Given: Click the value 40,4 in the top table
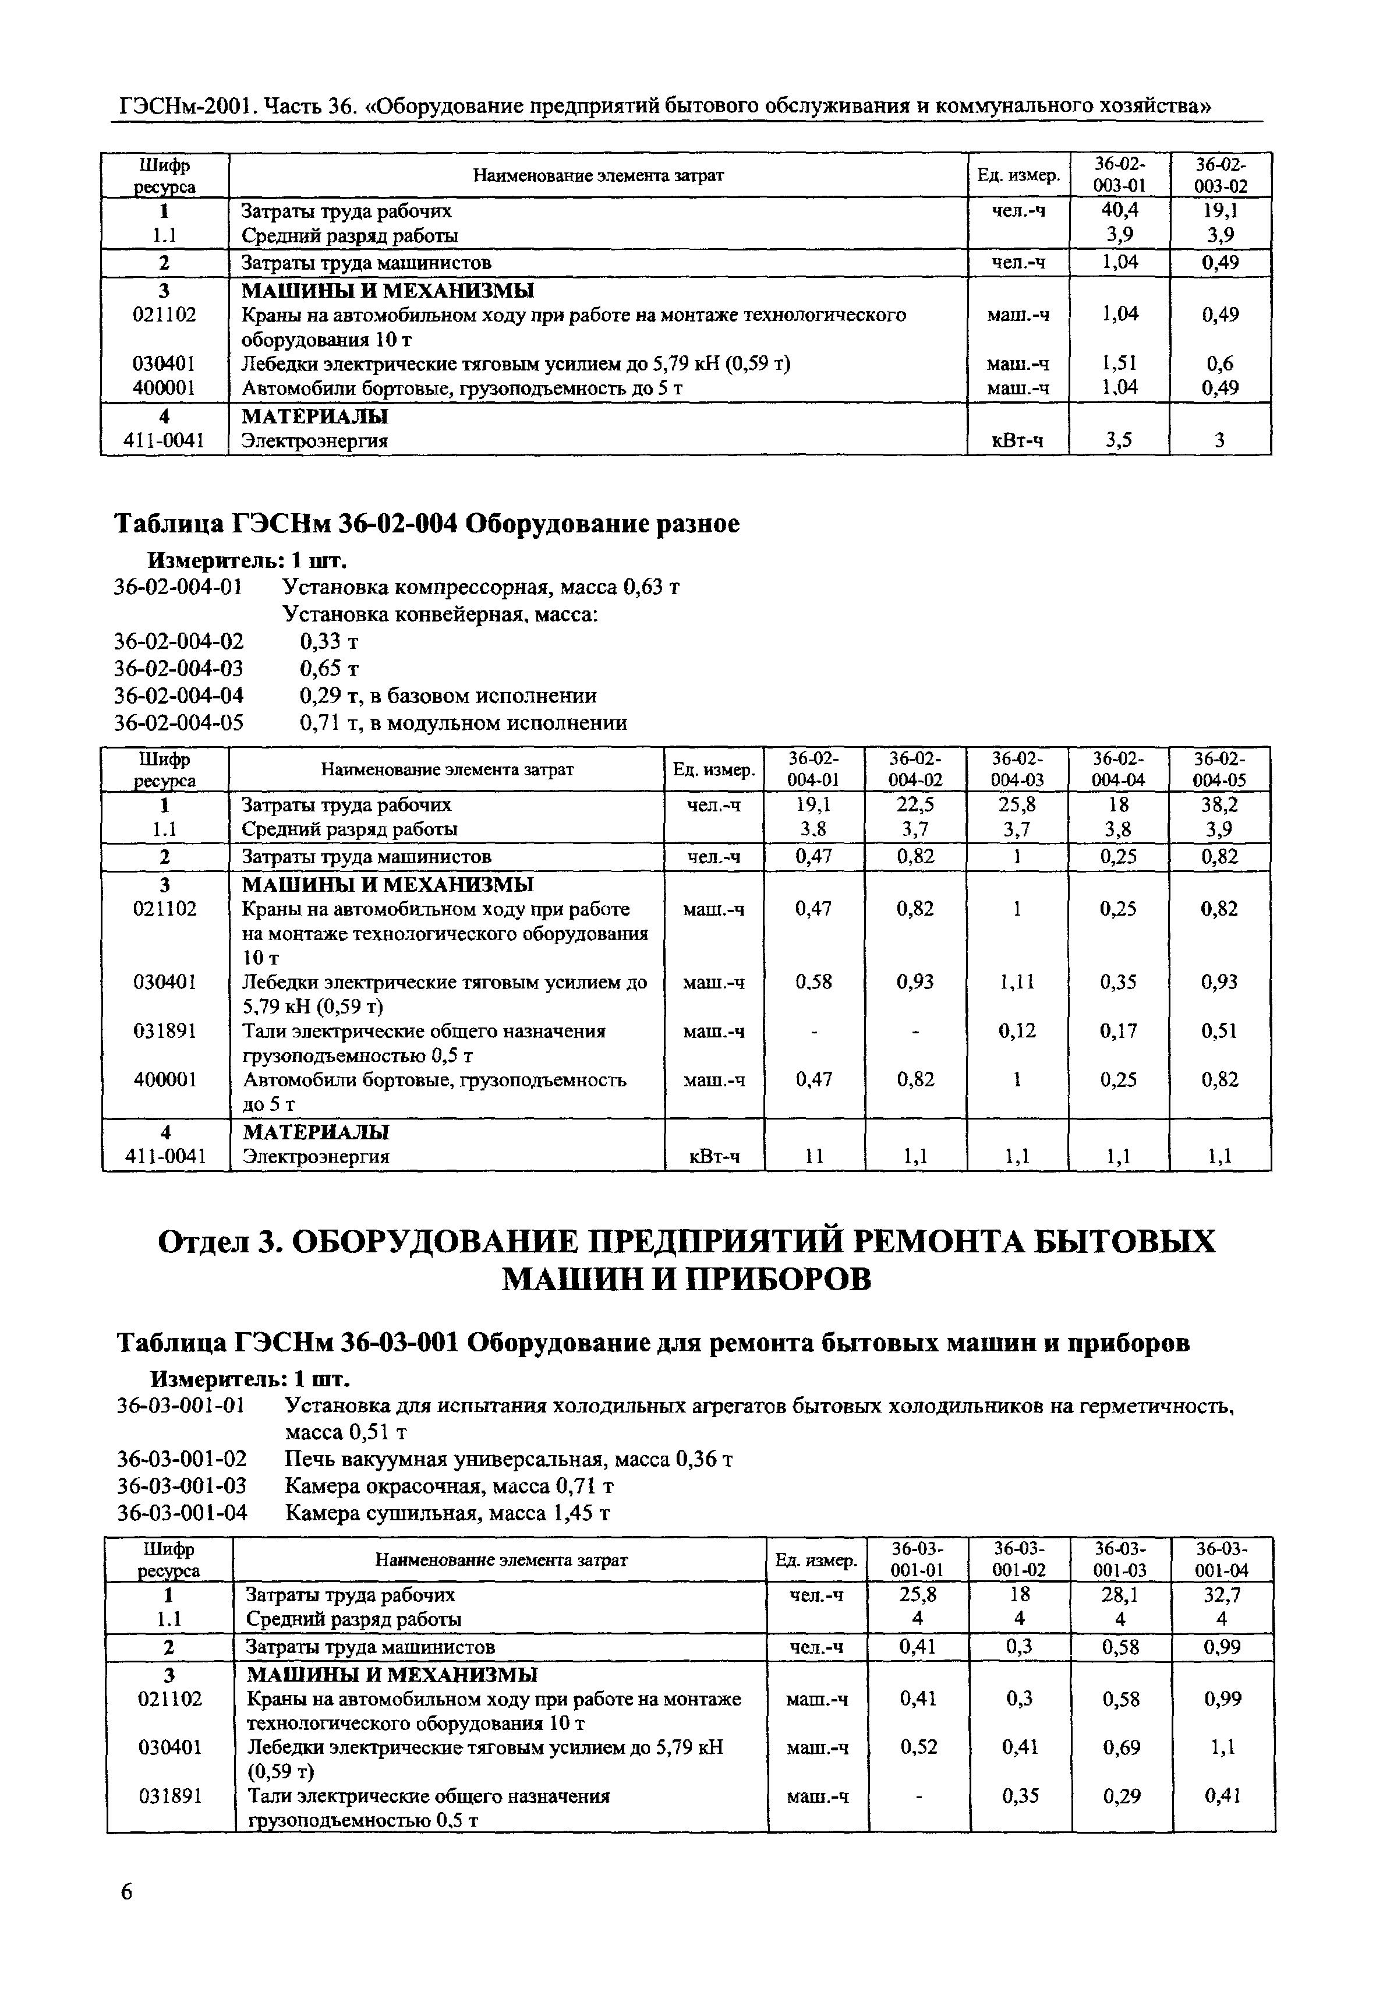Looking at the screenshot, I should click(1120, 210).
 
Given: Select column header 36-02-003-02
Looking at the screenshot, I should click(1220, 175).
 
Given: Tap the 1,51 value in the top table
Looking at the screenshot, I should click(1120, 364).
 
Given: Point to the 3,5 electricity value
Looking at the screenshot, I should click(1119, 440).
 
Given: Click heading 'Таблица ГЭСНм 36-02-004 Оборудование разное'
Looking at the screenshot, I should click(427, 523).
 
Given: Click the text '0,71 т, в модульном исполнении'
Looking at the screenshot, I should click(463, 722).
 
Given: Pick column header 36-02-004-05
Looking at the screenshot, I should click(1219, 769).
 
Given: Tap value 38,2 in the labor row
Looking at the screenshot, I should click(1219, 804).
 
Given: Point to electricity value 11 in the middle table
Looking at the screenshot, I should click(814, 1157).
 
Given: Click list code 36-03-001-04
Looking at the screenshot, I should click(181, 1513).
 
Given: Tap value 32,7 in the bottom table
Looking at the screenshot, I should click(1222, 1595).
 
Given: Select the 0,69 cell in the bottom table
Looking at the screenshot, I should click(1122, 1747).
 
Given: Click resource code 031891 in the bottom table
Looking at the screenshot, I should click(170, 1796).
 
